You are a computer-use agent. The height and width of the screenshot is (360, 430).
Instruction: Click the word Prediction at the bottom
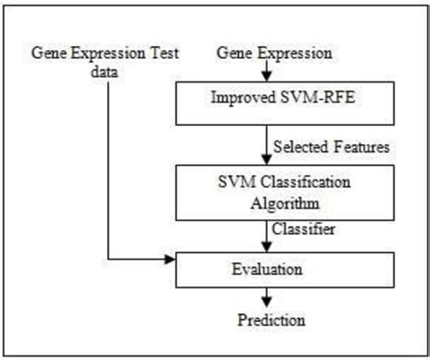tap(271, 319)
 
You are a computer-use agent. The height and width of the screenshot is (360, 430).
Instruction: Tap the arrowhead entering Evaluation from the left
tap(171, 261)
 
